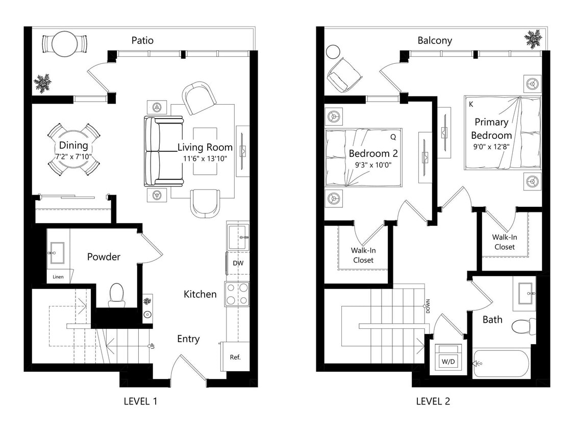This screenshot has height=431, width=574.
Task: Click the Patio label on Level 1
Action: pyautogui.click(x=142, y=40)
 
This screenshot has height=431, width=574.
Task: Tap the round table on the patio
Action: pyautogui.click(x=65, y=44)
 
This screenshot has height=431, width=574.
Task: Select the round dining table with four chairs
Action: pyautogui.click(x=73, y=149)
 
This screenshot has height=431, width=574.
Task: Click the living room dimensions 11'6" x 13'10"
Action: pyautogui.click(x=205, y=159)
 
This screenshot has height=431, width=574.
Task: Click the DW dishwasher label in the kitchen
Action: pyautogui.click(x=238, y=264)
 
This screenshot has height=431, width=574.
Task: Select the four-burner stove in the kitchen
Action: pyautogui.click(x=237, y=294)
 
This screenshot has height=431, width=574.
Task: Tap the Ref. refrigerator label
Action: pyautogui.click(x=235, y=357)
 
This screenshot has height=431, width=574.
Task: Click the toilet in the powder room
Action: pyautogui.click(x=116, y=295)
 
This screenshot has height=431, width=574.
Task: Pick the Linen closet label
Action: pyautogui.click(x=58, y=277)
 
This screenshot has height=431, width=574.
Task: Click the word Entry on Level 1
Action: pyautogui.click(x=188, y=339)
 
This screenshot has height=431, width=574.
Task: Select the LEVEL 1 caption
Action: pyautogui.click(x=140, y=401)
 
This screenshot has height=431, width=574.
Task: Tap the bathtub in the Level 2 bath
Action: pyautogui.click(x=501, y=363)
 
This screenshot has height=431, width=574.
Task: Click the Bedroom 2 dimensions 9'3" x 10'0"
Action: pyautogui.click(x=373, y=165)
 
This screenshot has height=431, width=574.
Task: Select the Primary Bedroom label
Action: pyautogui.click(x=491, y=129)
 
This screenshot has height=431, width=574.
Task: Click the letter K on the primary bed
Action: pyautogui.click(x=470, y=104)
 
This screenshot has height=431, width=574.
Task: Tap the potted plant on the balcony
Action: pyautogui.click(x=533, y=38)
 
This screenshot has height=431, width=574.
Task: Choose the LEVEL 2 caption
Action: pyautogui.click(x=433, y=401)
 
